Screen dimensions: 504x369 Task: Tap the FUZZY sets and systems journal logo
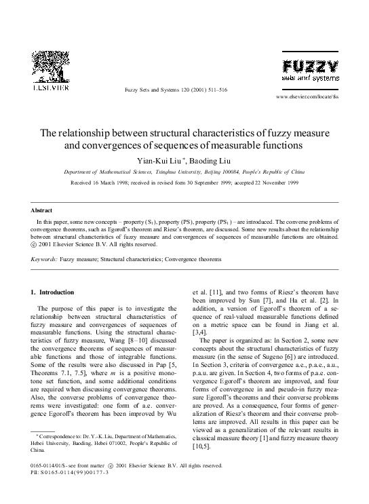tap(311, 70)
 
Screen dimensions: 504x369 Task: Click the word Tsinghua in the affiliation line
tap(184, 172)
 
